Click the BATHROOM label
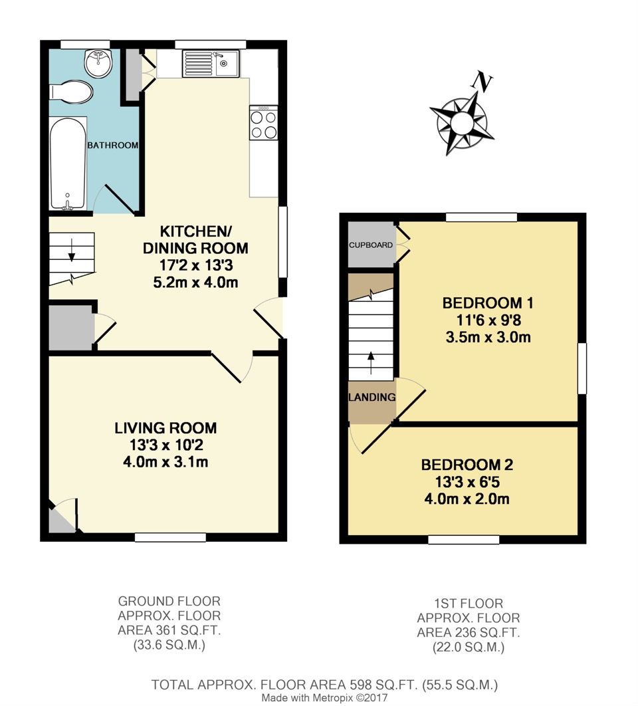click(112, 145)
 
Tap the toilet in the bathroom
click(71, 92)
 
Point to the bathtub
click(68, 164)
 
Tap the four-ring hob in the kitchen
click(263, 124)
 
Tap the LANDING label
click(372, 398)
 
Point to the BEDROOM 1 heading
click(488, 303)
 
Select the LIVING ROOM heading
click(165, 428)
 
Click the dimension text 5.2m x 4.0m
click(195, 282)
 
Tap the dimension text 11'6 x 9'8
click(488, 320)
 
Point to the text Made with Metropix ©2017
click(324, 698)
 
